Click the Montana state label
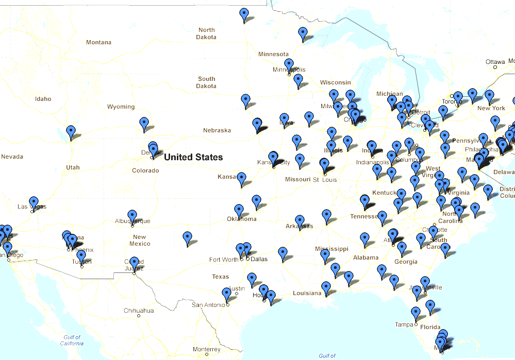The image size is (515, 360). point(98,42)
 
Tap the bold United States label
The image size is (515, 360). point(193,157)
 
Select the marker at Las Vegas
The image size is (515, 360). point(34,201)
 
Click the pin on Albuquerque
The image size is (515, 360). point(132,215)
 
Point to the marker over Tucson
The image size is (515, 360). point(81,255)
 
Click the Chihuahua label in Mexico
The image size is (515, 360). point(139,311)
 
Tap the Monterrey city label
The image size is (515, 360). point(206,349)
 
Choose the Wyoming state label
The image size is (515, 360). point(121,107)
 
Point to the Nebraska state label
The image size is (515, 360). point(217,130)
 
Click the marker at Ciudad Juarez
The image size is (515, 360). point(134,262)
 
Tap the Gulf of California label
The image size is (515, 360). point(71,340)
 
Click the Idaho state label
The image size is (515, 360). point(43,99)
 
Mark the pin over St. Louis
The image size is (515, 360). point(324,164)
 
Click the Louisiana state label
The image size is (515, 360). point(307,293)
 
